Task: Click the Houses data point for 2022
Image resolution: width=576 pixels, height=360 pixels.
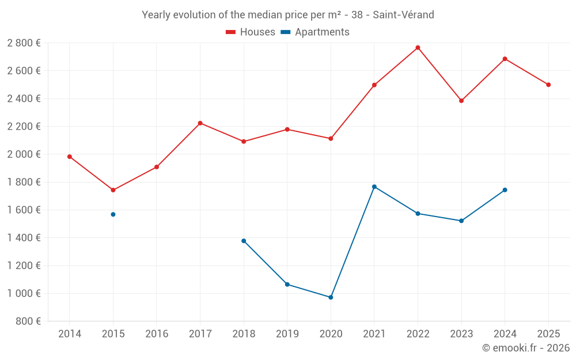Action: (x=418, y=48)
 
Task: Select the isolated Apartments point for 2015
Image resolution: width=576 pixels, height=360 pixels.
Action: (x=113, y=214)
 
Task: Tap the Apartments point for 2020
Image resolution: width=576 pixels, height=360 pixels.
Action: (x=331, y=297)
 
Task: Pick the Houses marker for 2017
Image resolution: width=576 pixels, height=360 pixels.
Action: (x=200, y=123)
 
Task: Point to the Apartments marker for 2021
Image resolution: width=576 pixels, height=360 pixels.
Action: (x=374, y=187)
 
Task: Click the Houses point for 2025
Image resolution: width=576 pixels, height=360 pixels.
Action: (x=548, y=85)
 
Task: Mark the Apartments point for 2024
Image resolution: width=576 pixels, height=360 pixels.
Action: (x=505, y=190)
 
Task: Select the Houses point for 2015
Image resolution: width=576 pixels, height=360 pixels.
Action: (x=113, y=190)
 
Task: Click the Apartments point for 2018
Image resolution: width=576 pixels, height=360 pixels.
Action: (x=244, y=241)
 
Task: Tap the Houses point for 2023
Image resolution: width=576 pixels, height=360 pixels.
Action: (x=461, y=101)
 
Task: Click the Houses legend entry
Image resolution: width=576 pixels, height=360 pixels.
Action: (x=251, y=32)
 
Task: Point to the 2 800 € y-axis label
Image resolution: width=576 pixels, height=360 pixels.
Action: (x=24, y=43)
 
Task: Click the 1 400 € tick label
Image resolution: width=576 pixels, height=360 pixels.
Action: (x=24, y=238)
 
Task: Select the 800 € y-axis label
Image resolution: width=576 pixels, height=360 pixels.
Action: (x=29, y=321)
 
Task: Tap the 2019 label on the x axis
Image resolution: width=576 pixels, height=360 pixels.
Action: (x=287, y=334)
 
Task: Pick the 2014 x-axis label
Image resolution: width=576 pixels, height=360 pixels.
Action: (x=70, y=334)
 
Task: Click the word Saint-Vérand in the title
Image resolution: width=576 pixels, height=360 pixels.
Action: (x=403, y=14)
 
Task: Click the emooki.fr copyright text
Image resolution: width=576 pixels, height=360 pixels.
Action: (x=526, y=348)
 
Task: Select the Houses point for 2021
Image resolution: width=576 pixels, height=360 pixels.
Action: (x=374, y=85)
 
